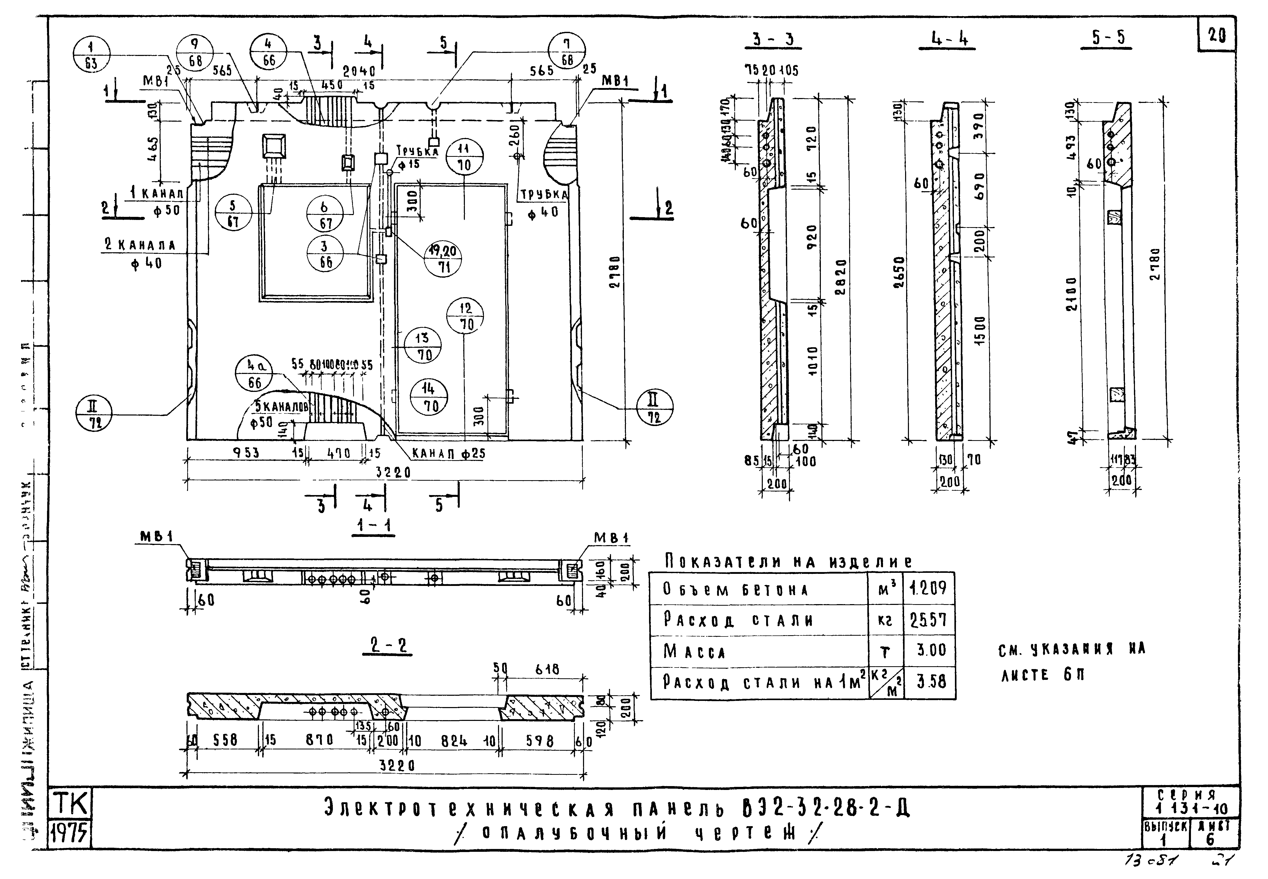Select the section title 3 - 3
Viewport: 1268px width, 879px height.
(x=776, y=40)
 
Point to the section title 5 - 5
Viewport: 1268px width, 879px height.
(x=1108, y=37)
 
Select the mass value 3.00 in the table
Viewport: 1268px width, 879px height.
(x=931, y=650)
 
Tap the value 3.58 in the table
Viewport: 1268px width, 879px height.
(x=931, y=682)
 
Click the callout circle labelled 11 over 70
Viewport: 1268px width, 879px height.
(x=465, y=157)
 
